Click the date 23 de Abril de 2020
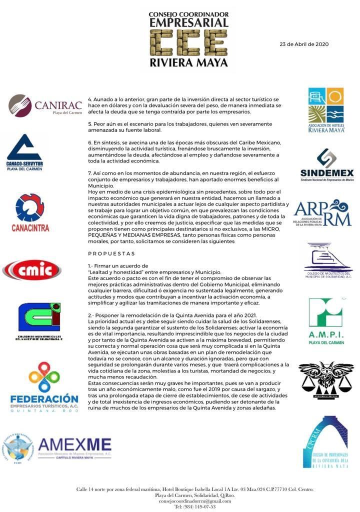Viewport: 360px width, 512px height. click(x=303, y=44)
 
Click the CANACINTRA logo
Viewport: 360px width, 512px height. click(x=30, y=212)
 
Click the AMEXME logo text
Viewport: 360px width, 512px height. click(x=74, y=444)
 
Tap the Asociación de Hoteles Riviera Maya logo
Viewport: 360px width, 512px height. click(x=326, y=109)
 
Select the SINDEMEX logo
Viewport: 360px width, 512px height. click(x=327, y=165)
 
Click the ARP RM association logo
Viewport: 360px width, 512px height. click(x=322, y=212)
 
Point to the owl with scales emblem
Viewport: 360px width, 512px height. click(x=325, y=380)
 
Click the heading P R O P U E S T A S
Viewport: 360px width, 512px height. click(x=111, y=253)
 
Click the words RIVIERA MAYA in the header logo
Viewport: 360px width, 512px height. click(x=188, y=63)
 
